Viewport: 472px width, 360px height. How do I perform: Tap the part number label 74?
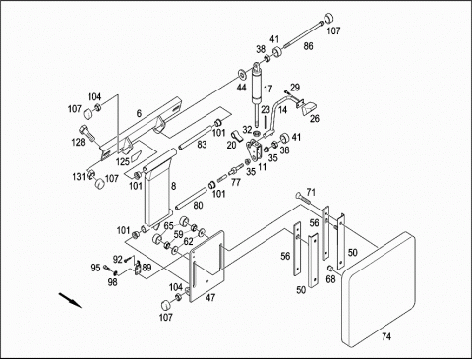(386, 336)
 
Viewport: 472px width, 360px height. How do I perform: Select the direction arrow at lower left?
(70, 300)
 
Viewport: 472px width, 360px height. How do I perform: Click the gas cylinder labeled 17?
(257, 89)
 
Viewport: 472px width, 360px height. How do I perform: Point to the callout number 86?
(308, 46)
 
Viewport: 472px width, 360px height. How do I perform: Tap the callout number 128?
(78, 142)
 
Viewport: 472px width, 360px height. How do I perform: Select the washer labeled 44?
(243, 75)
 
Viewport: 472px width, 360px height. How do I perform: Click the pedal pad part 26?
(309, 108)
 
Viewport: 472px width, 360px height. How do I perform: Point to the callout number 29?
(295, 88)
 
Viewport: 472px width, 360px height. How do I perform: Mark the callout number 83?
(202, 144)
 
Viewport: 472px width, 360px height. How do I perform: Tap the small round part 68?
(330, 269)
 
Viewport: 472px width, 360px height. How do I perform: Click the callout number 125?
(123, 162)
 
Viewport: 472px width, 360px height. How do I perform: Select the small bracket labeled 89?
(138, 269)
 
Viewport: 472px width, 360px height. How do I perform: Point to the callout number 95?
(95, 268)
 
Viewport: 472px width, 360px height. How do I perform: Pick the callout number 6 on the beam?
(139, 113)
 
